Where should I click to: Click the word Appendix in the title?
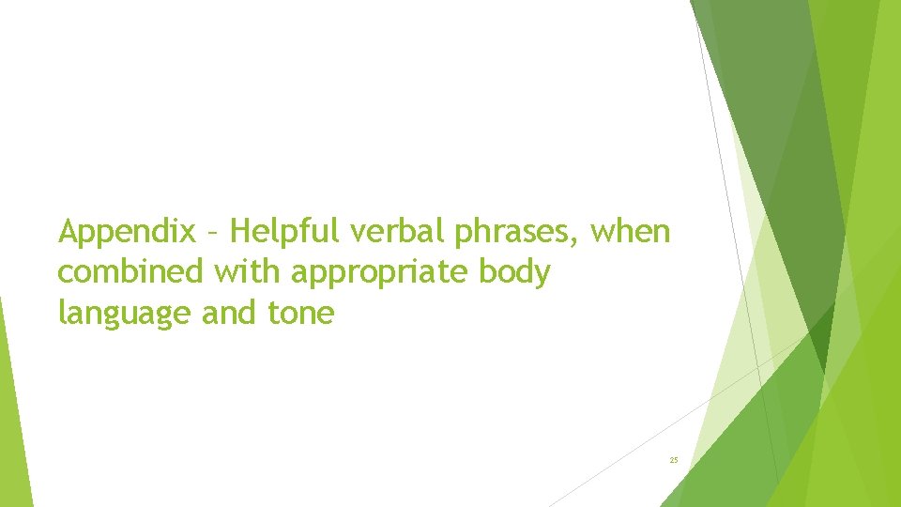coord(127,231)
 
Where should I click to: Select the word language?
coord(125,314)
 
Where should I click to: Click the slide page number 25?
coord(674,460)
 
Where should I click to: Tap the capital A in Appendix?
coord(69,230)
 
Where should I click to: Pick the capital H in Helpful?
coord(240,230)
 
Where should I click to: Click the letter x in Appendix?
coord(188,232)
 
